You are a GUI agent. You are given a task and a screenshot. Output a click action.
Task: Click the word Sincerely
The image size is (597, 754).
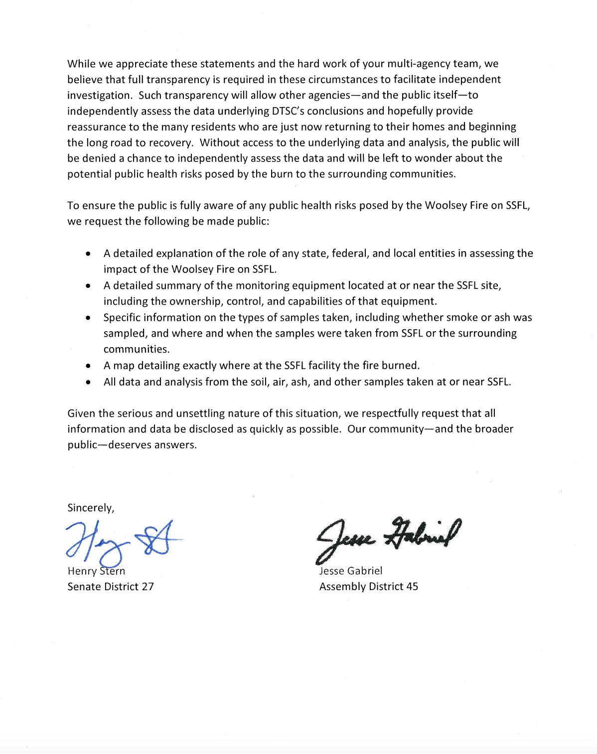pyautogui.click(x=90, y=508)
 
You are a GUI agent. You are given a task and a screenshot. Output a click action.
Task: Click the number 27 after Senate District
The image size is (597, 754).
pyautogui.click(x=148, y=587)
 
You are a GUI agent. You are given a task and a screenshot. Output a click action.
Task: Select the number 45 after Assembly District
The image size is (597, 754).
pyautogui.click(x=412, y=587)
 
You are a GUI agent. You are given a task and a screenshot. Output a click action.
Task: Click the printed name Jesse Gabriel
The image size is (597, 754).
pyautogui.click(x=351, y=571)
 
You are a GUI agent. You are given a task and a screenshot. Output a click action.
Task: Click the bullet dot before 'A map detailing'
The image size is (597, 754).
pyautogui.click(x=88, y=366)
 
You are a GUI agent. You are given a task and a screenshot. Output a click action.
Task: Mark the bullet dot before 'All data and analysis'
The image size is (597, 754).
pyautogui.click(x=88, y=382)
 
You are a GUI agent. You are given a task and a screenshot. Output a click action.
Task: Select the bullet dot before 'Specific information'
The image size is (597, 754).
pyautogui.click(x=88, y=318)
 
